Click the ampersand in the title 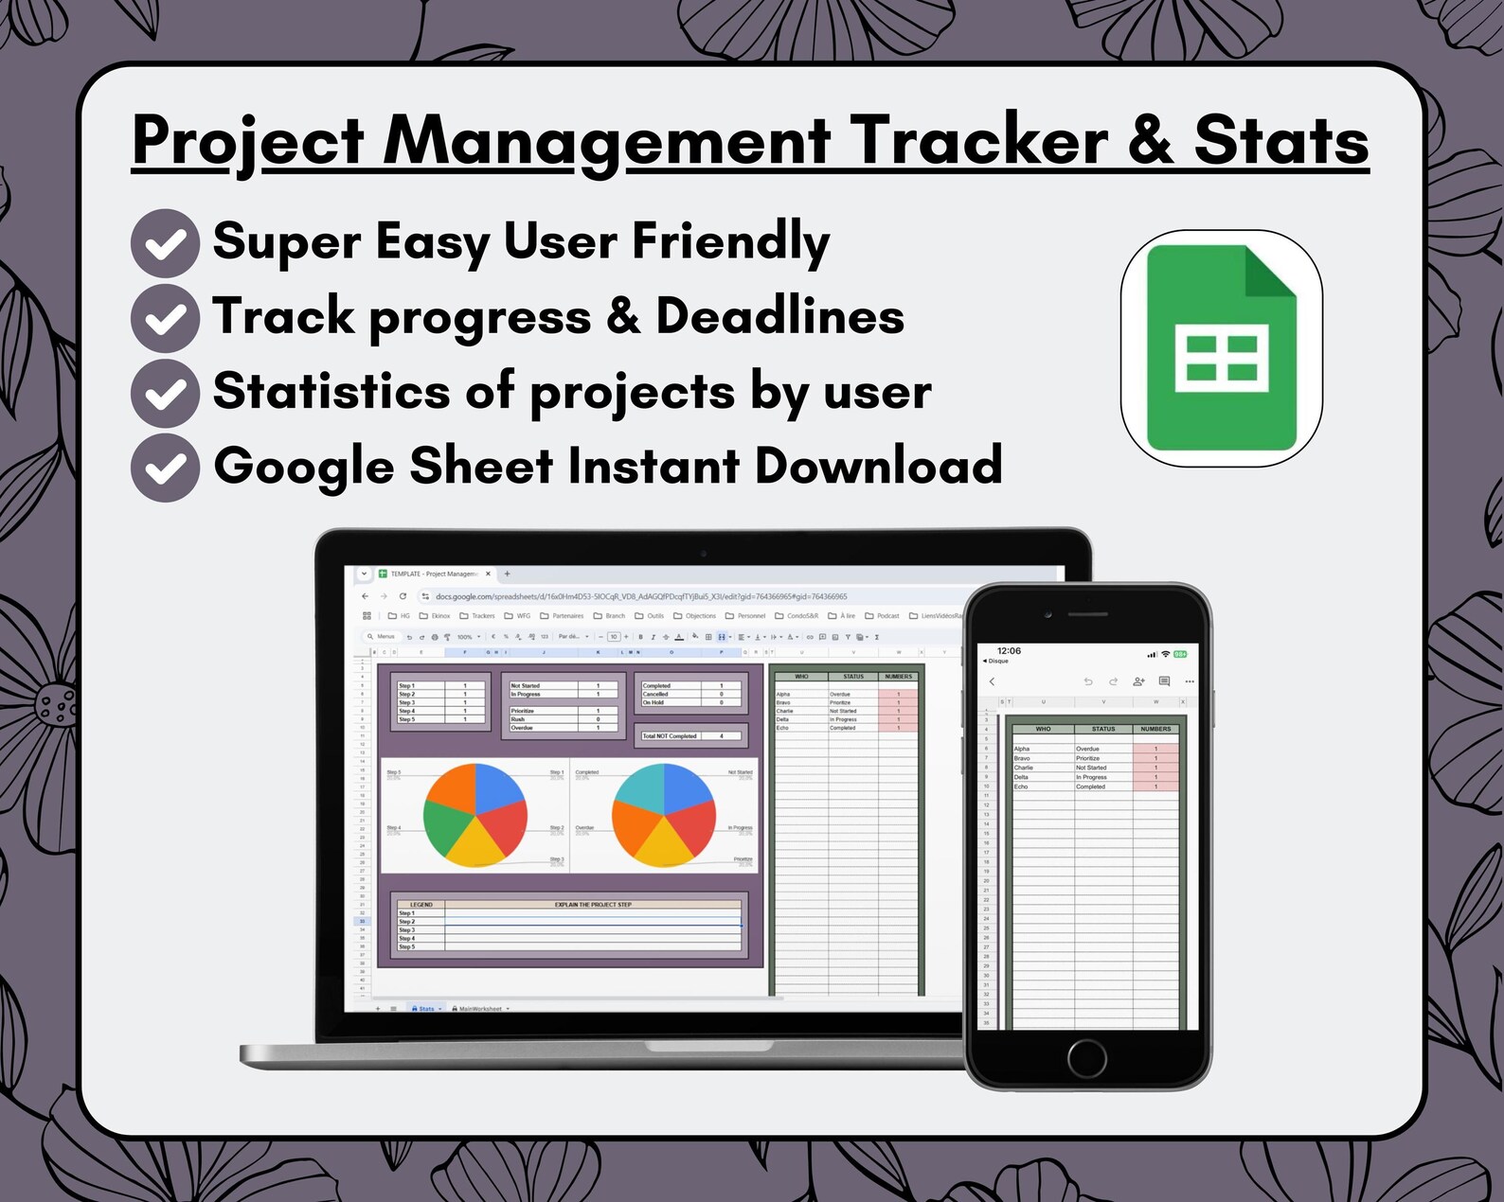point(1150,141)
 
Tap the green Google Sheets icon point(1221,348)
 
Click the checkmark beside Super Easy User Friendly point(165,243)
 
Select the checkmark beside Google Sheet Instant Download point(165,468)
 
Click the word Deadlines point(779,316)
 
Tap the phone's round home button point(1086,1057)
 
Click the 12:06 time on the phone point(1009,651)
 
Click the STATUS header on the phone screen point(1103,729)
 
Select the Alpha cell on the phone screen point(1022,749)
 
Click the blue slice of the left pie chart point(497,787)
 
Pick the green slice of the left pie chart point(444,824)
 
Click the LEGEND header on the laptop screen point(421,905)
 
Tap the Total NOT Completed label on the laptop point(670,735)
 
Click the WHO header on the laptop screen point(801,677)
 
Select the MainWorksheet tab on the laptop point(480,1009)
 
